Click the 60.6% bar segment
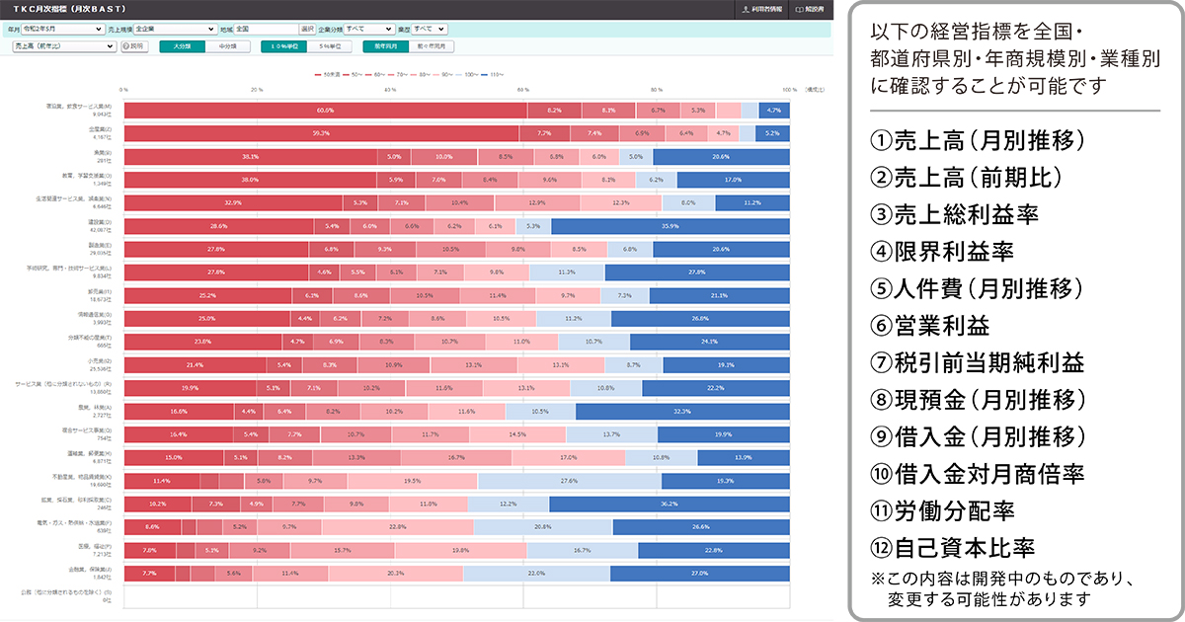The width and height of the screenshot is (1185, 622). (x=325, y=110)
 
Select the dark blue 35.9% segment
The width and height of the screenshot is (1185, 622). (x=671, y=226)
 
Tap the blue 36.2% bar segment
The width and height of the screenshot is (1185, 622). (x=670, y=504)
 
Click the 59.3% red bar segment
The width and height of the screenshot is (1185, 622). (x=321, y=132)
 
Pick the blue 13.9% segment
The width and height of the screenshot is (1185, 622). (x=743, y=457)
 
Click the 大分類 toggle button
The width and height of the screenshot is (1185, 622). (x=182, y=45)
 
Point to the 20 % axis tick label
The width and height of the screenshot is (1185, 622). (x=257, y=90)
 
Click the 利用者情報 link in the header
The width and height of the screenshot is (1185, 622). (x=763, y=8)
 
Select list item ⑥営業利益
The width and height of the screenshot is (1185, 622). (x=929, y=326)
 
